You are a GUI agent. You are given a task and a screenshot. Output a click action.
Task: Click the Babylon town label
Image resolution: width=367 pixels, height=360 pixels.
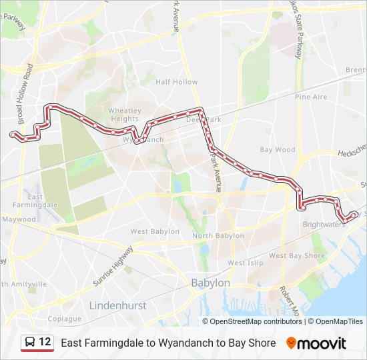210,283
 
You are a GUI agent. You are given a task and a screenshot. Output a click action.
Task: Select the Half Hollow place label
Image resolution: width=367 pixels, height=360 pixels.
176,82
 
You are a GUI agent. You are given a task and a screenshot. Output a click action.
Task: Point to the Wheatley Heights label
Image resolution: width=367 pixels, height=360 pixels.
124,115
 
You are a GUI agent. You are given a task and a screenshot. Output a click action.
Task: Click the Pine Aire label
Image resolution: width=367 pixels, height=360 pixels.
311,97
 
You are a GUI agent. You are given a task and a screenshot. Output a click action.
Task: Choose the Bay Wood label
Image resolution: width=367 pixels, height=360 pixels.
277,150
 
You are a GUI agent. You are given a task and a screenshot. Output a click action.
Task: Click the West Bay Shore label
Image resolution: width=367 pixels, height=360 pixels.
297,255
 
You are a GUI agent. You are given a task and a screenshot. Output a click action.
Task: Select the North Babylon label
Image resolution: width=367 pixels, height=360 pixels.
218,236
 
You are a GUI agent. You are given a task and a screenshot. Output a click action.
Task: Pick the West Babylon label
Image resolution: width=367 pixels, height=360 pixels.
155,231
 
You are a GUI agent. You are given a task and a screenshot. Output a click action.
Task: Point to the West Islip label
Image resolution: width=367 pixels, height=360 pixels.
245,263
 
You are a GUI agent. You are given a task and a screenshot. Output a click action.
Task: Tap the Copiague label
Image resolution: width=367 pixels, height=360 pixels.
64,319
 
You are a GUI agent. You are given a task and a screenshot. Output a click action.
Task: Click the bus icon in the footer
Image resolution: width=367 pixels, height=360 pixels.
29,343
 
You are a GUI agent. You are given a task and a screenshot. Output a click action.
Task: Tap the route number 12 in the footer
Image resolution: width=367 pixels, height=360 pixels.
45,342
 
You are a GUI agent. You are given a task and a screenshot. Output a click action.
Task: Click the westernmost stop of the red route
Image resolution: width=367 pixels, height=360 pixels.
13,135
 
